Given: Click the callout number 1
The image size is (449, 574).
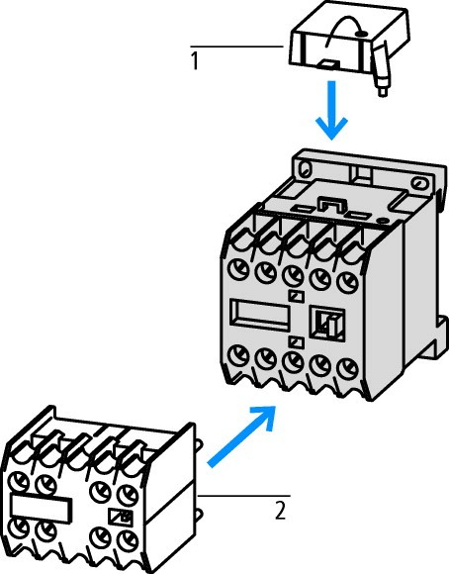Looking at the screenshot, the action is tap(195, 60).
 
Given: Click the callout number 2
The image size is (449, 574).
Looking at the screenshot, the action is tap(280, 511).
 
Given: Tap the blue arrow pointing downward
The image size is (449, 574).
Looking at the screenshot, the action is tap(331, 110).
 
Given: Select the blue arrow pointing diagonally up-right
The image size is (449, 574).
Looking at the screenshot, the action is tap(241, 436).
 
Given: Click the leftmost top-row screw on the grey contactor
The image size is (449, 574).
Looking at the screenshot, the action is tap(238, 269).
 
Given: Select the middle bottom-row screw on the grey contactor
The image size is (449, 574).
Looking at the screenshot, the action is tap(293, 361).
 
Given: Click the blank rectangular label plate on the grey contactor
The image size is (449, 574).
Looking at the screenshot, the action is tap(260, 315).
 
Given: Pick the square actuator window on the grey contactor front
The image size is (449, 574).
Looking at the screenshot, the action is tap(326, 324).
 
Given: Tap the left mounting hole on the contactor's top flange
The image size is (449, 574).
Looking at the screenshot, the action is tap(304, 168).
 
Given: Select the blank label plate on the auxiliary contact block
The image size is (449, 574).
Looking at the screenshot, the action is tap(41, 508).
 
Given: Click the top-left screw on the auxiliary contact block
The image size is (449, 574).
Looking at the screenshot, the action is tap(19, 481).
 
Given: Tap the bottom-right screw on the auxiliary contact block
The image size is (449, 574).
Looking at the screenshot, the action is tap(128, 540).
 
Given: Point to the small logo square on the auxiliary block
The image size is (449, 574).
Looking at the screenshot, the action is tap(121, 517).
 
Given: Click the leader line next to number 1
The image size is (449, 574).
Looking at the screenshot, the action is tap(236, 47).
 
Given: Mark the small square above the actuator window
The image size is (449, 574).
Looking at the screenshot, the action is tap(296, 296).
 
